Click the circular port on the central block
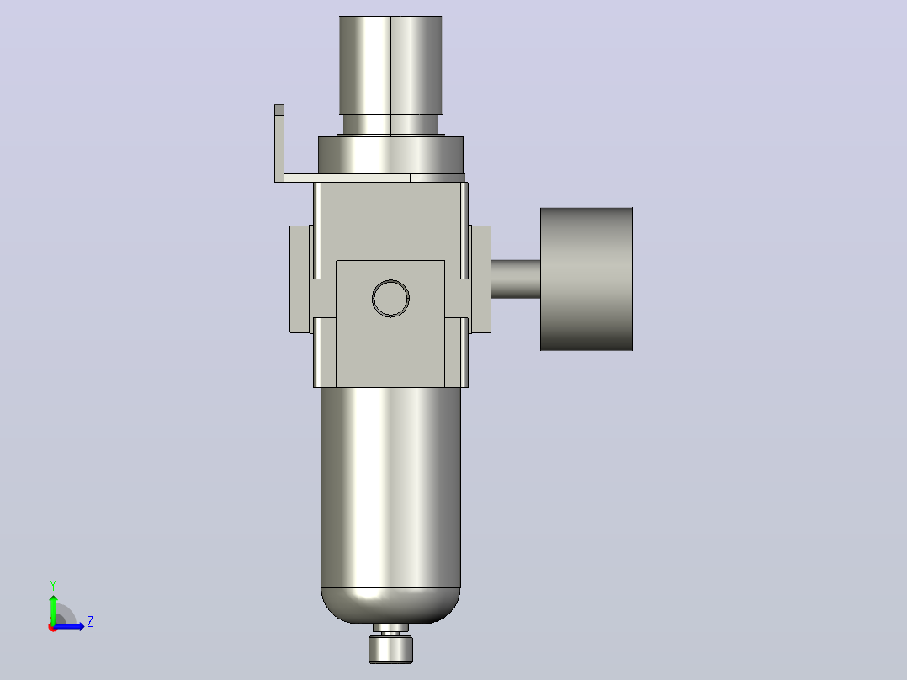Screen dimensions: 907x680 (390, 299)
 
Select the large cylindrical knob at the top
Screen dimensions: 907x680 (390, 65)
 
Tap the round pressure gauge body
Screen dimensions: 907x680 (586, 279)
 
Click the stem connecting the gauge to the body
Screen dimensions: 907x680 (516, 279)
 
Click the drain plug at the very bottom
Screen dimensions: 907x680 (391, 650)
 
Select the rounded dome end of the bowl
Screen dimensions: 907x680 (390, 606)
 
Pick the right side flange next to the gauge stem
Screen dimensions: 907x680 (480, 279)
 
